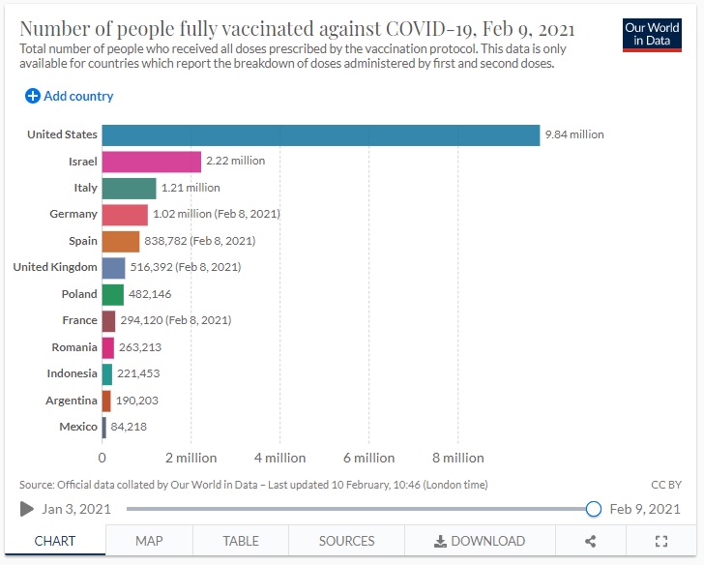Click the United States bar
[320, 134]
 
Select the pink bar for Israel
[151, 161]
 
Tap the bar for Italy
[129, 188]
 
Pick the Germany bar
[125, 214]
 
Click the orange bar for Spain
[121, 241]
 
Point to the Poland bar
[113, 294]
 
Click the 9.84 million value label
[574, 134]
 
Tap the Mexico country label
[78, 427]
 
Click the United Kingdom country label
[55, 267]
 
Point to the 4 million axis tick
[279, 458]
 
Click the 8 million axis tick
[457, 458]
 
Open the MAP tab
[149, 541]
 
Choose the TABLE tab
[241, 541]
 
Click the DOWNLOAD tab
[480, 541]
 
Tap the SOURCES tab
[346, 541]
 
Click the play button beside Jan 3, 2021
[27, 509]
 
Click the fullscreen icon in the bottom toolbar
[661, 541]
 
